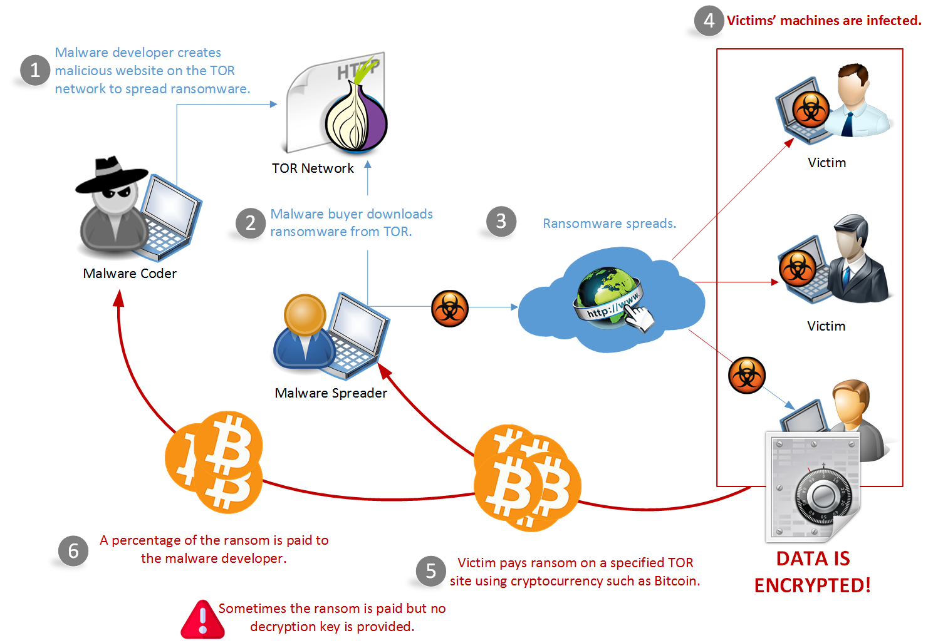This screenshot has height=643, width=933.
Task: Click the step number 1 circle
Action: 35,70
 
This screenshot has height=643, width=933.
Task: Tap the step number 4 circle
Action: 709,21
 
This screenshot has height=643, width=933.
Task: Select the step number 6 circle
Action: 73,551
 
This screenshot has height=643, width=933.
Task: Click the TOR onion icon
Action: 356,118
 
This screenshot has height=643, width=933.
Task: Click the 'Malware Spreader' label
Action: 331,393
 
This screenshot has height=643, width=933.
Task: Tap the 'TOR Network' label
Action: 313,168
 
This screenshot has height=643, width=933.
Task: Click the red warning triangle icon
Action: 202,620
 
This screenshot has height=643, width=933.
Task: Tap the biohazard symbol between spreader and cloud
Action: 450,309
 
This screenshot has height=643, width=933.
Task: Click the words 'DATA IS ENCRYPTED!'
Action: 813,572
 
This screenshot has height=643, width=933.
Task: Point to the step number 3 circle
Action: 501,221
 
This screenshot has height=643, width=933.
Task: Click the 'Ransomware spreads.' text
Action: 609,224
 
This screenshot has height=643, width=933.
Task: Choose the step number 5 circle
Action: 431,571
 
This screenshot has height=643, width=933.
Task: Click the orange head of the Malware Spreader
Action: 305,314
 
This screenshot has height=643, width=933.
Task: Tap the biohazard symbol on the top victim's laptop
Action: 811,110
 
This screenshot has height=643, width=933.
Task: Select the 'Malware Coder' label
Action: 130,274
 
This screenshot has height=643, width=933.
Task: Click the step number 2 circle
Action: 251,223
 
